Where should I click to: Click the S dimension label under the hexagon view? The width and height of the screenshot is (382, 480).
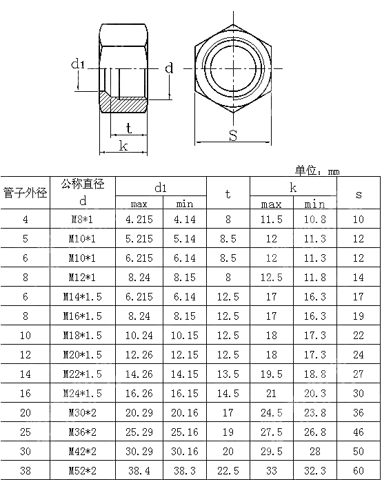point(233,135)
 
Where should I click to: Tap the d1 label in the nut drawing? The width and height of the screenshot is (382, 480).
point(77,64)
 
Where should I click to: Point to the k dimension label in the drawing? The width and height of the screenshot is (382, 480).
point(123,145)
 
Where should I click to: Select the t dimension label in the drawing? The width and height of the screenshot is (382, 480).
point(129,128)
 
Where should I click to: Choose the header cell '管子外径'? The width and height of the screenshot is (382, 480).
point(25,193)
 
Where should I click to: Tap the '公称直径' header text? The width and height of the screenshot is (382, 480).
point(83,184)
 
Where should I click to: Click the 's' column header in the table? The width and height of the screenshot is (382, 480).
point(359,194)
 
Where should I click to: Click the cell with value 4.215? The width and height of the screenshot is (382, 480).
point(139,220)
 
